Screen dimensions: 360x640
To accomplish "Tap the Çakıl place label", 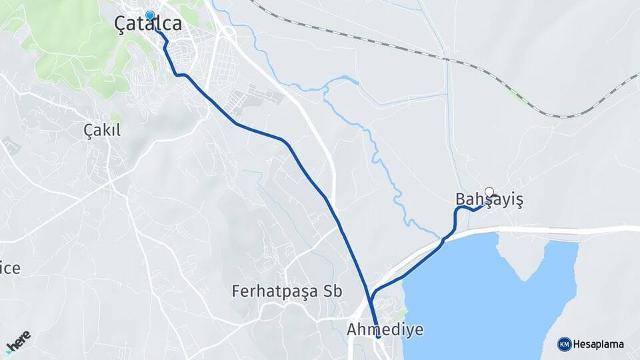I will coord(102,130).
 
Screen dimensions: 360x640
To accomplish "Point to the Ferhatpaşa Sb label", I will coord(287,291).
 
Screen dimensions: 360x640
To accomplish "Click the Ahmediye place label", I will coord(385,329).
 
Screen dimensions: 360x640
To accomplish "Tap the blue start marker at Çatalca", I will coord(150,15).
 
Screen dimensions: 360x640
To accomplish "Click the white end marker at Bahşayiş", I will coord(489,192).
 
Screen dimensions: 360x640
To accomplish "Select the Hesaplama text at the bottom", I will coord(599,345).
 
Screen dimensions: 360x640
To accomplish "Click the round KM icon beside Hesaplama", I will coord(565,345).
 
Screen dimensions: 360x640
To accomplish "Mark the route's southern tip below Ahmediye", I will coord(378,337).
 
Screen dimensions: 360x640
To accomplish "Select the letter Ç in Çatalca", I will coord(121,24).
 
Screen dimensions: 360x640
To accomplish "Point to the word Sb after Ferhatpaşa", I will coord(331,291).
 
